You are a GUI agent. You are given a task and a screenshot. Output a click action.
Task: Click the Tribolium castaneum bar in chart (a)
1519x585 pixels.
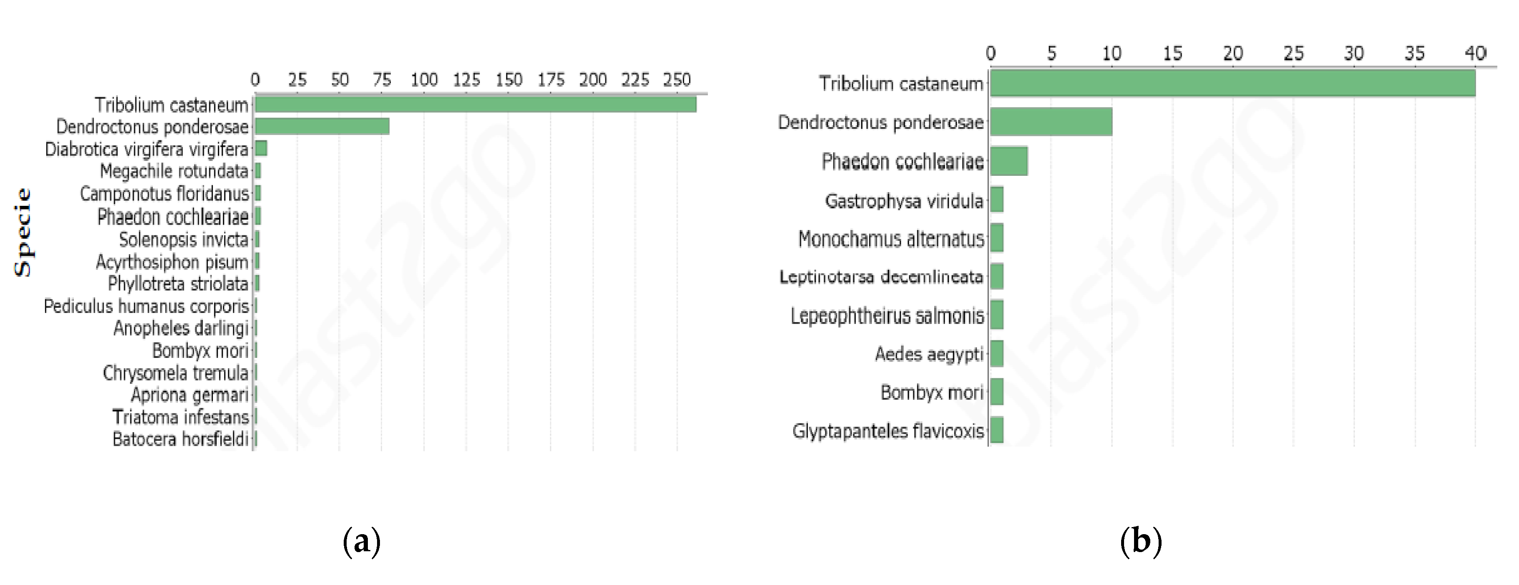pos(475,105)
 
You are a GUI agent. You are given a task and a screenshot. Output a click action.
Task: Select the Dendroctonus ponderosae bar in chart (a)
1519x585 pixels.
pos(322,126)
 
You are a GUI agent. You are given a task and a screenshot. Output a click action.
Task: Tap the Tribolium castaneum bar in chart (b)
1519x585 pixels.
pos(1232,83)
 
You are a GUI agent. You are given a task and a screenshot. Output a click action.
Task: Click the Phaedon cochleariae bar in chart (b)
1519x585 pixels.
pos(1009,161)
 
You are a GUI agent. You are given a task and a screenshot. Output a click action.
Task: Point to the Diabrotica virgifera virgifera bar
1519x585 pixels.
pos(261,149)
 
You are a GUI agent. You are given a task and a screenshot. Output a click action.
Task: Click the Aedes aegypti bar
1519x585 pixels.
pos(997,354)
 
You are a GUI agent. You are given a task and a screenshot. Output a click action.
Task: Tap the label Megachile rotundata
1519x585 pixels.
pos(174,171)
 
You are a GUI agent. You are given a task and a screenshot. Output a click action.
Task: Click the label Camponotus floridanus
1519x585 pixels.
pos(165,193)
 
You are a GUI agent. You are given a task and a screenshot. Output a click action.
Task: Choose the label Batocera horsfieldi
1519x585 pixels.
pos(180,439)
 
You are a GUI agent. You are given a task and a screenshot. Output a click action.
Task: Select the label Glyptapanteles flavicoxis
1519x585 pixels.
pos(888,431)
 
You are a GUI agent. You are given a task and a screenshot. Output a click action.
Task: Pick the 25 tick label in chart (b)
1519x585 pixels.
pos(1293,54)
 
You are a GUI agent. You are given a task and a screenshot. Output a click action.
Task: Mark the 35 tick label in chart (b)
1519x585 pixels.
pos(1414,54)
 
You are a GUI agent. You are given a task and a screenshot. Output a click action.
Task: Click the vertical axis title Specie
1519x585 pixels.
pos(23,232)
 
